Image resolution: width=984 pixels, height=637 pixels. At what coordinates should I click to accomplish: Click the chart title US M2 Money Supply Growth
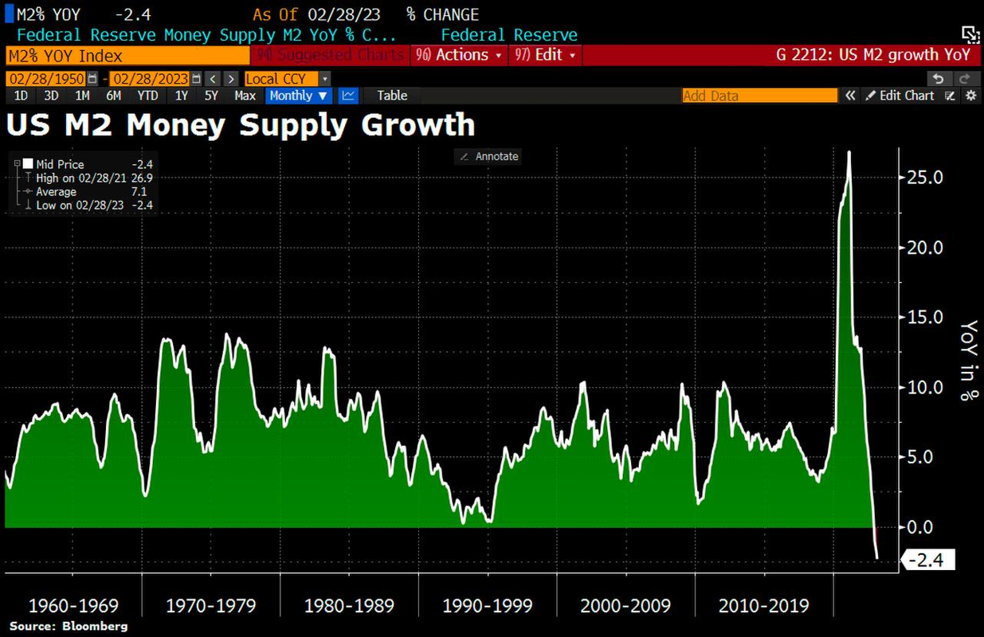coord(241,125)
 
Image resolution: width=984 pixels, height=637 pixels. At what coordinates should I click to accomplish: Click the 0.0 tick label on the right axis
coord(927,527)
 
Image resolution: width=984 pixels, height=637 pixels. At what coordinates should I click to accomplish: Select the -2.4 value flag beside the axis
coord(927,561)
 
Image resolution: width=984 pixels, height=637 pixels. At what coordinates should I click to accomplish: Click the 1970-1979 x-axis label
coord(211,606)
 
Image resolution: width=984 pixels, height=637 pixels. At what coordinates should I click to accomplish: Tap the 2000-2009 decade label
coord(625,606)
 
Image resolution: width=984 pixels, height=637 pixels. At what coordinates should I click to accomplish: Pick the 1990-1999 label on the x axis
coord(488,606)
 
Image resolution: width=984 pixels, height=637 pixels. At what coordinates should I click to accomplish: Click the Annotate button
coord(488,157)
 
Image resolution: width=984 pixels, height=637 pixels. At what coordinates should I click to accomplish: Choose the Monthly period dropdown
coord(299,96)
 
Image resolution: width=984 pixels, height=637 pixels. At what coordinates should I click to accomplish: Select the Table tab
coord(392,96)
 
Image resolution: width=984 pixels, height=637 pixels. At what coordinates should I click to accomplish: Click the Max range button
coord(245,96)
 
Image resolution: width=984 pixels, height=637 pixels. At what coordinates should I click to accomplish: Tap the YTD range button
coord(147,96)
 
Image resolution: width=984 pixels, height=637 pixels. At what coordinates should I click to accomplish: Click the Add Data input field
coord(759,96)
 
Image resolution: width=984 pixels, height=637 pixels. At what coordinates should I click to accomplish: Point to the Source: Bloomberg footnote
coord(69,626)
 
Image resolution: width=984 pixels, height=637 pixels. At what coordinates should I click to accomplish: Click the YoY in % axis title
coord(969,361)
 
